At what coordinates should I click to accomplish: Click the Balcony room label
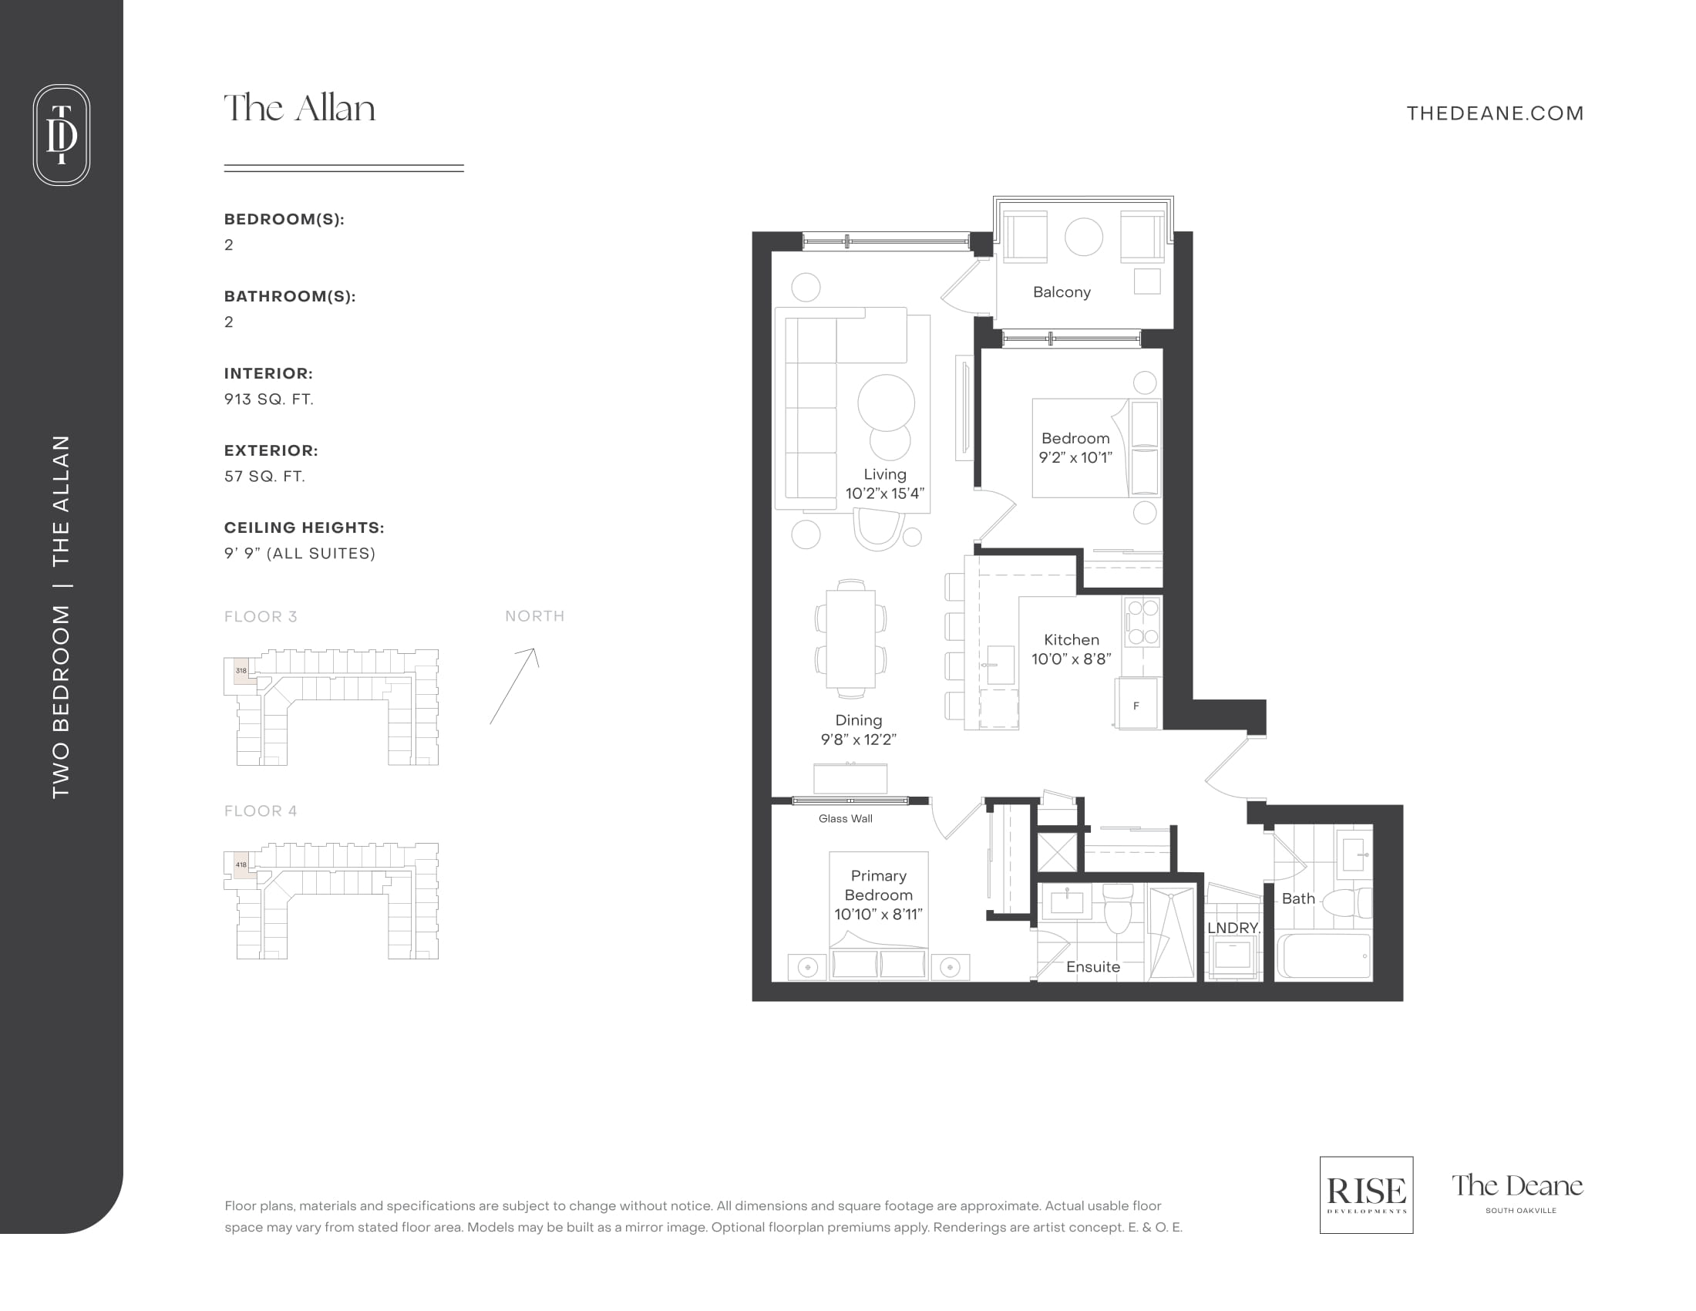(1062, 292)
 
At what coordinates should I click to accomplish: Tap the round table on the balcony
(1083, 236)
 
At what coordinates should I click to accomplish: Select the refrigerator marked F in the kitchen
(1137, 703)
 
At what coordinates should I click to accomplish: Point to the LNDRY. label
(1233, 927)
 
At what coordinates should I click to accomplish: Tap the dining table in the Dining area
(851, 639)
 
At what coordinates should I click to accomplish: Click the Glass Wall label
(845, 818)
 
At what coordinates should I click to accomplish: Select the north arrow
(513, 686)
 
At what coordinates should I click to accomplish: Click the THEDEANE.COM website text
(1495, 113)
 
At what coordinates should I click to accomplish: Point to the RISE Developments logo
(1366, 1195)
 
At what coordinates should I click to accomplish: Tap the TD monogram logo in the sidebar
(62, 134)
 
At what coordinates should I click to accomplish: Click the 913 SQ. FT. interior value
(269, 399)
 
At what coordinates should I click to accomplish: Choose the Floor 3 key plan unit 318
(241, 670)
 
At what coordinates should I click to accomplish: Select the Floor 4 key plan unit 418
(241, 864)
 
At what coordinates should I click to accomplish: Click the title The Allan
(300, 108)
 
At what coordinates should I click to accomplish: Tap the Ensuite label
(1092, 967)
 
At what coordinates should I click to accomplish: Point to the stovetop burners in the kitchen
(1142, 622)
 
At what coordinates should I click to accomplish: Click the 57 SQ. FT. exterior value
(264, 476)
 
